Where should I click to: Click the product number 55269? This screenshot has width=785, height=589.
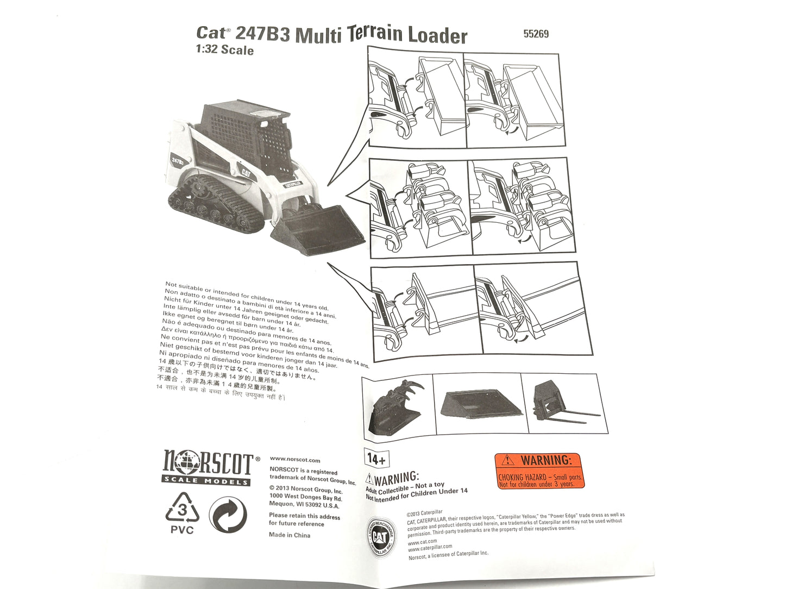click(x=536, y=34)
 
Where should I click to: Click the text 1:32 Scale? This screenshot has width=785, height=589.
click(x=224, y=50)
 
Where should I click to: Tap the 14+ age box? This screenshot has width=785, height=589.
click(x=376, y=459)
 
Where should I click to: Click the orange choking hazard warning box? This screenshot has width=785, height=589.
click(x=539, y=471)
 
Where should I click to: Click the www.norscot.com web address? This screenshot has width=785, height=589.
click(x=295, y=460)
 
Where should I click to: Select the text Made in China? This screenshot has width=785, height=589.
click(x=290, y=535)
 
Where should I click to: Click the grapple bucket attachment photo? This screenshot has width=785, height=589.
click(x=397, y=406)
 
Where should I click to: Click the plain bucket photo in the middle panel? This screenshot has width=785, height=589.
click(x=478, y=403)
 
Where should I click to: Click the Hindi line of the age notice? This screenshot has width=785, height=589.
click(x=220, y=392)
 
